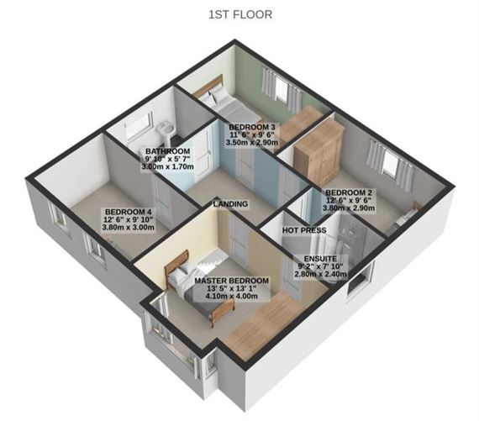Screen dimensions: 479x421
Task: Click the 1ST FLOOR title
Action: [240, 14]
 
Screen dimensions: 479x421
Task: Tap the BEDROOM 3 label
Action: [252, 127]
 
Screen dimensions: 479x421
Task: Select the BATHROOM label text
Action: [168, 151]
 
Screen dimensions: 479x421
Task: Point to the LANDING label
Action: [230, 204]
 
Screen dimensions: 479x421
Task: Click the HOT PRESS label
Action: [304, 230]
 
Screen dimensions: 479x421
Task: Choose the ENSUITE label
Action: [320, 259]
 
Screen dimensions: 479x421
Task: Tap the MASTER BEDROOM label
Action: [232, 281]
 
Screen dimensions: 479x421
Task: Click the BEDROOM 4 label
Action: [129, 212]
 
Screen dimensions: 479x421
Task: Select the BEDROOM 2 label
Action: [349, 192]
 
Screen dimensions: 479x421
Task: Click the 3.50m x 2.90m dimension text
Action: [252, 142]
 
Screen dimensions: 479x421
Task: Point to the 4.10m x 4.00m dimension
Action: [232, 296]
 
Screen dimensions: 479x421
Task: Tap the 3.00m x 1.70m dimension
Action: [168, 167]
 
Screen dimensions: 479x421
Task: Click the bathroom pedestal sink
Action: [166, 131]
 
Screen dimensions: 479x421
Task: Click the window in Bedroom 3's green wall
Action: [282, 89]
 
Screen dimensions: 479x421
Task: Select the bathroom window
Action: [139, 125]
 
